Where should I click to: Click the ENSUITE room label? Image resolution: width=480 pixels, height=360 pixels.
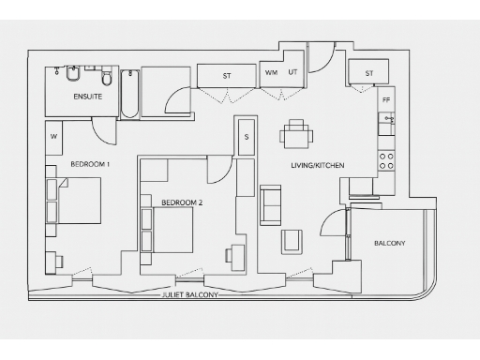(x=87, y=96)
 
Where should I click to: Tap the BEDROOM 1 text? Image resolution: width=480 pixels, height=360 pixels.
(x=90, y=165)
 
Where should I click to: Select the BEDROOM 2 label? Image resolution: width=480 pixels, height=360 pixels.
(x=182, y=202)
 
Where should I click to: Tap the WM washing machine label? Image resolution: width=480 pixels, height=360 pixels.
(x=271, y=72)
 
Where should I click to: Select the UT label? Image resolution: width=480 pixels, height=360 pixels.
(x=292, y=72)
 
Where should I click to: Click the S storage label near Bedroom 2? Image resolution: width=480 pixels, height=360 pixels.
(x=246, y=136)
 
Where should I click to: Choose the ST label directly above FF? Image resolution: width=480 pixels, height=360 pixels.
(x=368, y=72)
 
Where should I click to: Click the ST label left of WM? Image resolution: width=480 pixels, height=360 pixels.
(x=227, y=74)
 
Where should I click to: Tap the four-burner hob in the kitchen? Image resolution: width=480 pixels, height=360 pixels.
(x=385, y=160)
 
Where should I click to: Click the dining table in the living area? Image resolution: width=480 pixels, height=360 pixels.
(x=297, y=135)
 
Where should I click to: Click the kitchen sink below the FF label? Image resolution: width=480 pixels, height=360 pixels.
(x=385, y=122)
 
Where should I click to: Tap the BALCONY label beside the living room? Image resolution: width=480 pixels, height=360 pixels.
(x=389, y=244)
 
